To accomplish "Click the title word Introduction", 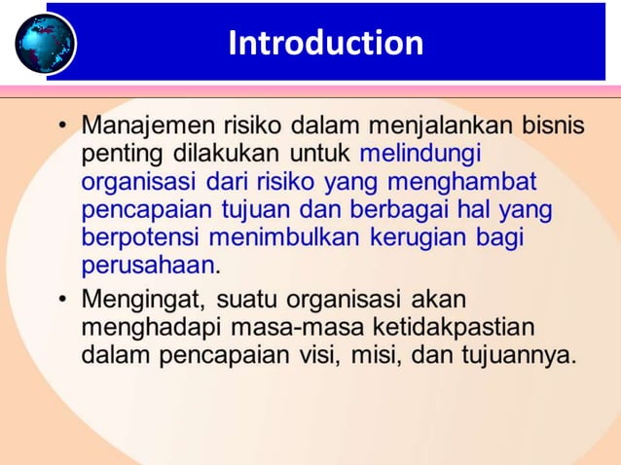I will pyautogui.click(x=325, y=44).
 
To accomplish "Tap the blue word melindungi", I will pyautogui.click(x=420, y=154).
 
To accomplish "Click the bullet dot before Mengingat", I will pyautogui.click(x=64, y=298).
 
